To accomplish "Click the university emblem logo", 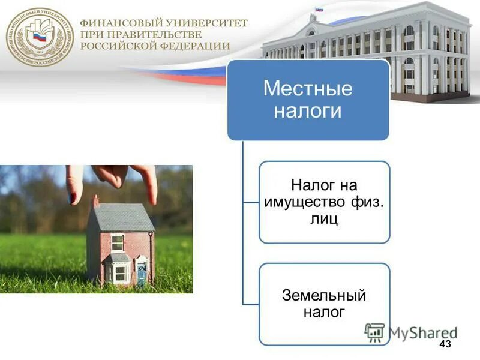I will pyautogui.click(x=40, y=37).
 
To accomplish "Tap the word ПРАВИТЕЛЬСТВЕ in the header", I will pyautogui.click(x=152, y=34).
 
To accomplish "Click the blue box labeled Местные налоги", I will pyautogui.click(x=308, y=100).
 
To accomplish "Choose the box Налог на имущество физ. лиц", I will pyautogui.click(x=324, y=202).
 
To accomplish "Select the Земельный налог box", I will pyautogui.click(x=324, y=304).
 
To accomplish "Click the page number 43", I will pyautogui.click(x=445, y=344).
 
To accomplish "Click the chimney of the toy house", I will pyautogui.click(x=95, y=200).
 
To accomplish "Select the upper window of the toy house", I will pyautogui.click(x=118, y=242).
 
